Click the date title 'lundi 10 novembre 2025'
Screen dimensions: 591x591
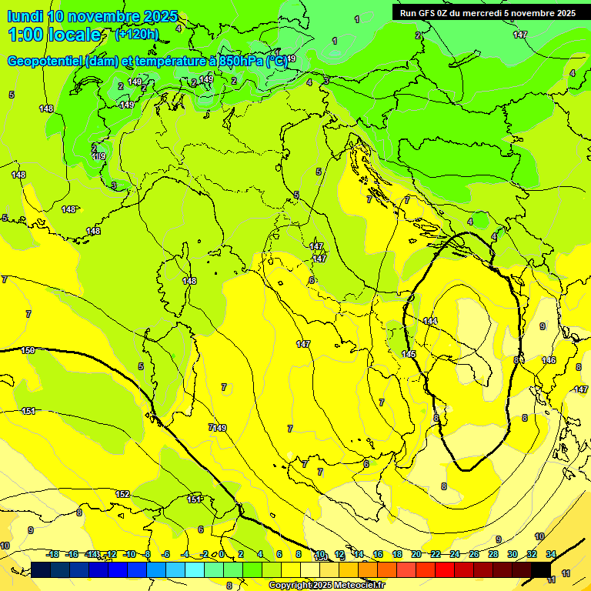(92, 16)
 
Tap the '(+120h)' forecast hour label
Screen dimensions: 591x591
(137, 35)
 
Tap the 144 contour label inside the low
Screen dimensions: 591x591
(430, 321)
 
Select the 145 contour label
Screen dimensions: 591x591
(409, 354)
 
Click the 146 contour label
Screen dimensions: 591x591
(549, 360)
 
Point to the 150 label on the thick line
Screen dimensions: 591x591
(28, 350)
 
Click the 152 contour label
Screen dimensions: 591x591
(122, 494)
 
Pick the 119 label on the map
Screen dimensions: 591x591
(98, 156)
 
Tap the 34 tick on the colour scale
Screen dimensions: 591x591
(551, 555)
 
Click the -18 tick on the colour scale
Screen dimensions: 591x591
(53, 555)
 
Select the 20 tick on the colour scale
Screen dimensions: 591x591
(416, 555)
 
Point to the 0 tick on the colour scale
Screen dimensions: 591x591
(222, 555)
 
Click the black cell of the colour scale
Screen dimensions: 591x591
(541, 569)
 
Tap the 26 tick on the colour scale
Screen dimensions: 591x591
(474, 555)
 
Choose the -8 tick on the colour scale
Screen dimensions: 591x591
(146, 555)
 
